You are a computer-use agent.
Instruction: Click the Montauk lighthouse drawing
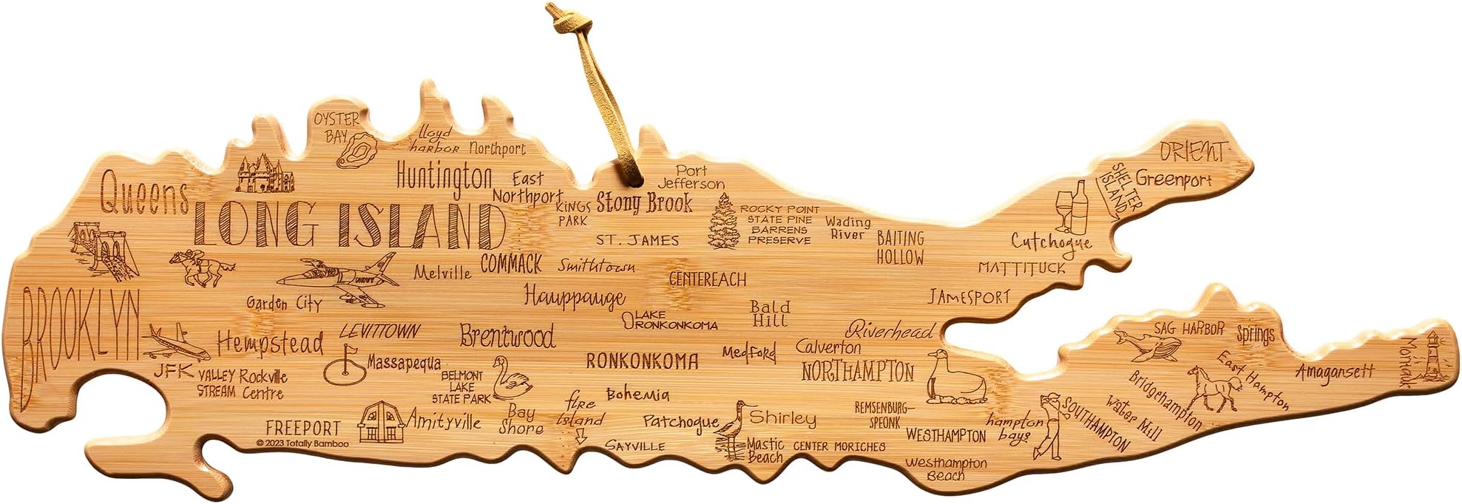(1434, 359)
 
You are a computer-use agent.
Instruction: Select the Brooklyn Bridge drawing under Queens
(100, 248)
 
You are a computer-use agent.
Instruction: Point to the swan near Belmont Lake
(510, 378)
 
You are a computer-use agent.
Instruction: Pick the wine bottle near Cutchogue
(1079, 208)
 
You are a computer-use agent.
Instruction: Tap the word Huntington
(444, 177)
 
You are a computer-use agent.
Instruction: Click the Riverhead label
(890, 330)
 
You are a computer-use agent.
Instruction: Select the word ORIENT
(1192, 151)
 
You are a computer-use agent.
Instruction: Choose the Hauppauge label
(575, 297)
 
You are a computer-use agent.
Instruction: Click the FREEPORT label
(303, 428)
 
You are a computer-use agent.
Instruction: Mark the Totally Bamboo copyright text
(302, 443)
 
